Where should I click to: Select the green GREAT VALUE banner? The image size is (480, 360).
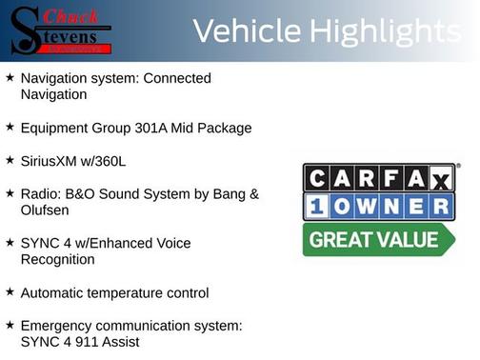click(378, 240)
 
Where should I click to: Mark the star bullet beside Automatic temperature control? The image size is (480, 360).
click(10, 291)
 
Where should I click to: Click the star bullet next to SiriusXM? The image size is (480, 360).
click(10, 159)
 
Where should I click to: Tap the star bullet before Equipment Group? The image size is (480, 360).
click(10, 127)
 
